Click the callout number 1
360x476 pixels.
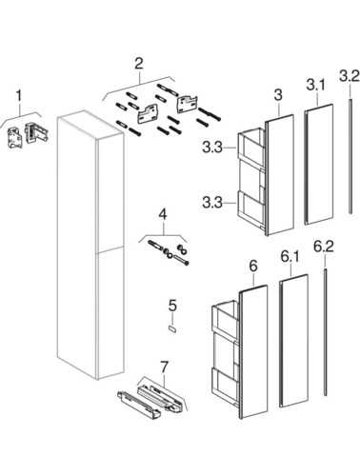point(19,96)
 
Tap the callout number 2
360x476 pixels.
point(139,64)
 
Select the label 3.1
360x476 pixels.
point(316,86)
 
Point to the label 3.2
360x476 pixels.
point(350,76)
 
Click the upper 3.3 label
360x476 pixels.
point(212,148)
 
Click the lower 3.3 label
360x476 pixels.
point(212,202)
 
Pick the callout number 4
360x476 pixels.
point(162,214)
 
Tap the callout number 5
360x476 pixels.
point(172,306)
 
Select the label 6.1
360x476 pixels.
point(290,257)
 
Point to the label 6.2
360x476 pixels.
point(324,247)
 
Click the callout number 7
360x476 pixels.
point(165,367)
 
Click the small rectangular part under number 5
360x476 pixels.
point(172,328)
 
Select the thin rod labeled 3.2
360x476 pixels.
point(350,156)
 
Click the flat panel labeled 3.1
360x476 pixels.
point(319,164)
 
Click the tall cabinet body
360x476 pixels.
point(90,245)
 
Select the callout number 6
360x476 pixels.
point(253,267)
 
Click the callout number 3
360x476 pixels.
point(278,95)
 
